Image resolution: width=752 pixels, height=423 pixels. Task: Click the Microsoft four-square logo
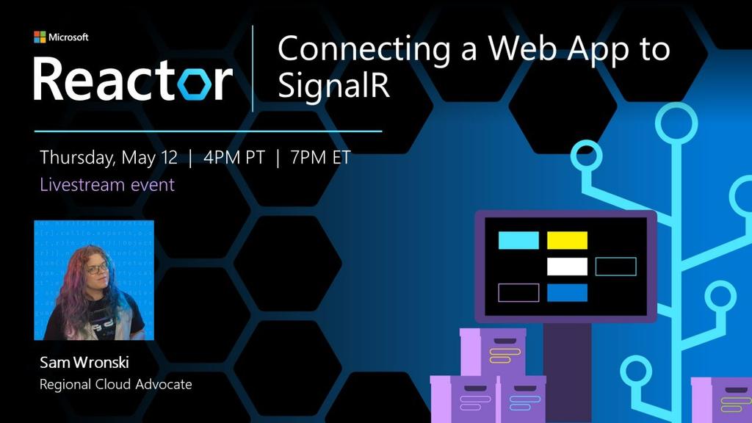(x=40, y=37)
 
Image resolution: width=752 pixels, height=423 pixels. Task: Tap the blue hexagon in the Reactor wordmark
(x=194, y=84)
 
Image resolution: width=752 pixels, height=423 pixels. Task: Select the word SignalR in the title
(x=334, y=86)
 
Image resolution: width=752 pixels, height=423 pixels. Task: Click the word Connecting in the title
(x=364, y=50)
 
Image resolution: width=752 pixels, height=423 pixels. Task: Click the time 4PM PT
(x=234, y=157)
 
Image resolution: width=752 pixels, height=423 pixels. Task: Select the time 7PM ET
(x=320, y=157)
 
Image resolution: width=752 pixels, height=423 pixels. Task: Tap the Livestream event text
(x=107, y=184)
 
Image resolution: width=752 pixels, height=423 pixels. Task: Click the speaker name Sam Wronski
(x=84, y=363)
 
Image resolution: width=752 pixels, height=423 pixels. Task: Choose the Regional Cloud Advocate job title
(x=115, y=384)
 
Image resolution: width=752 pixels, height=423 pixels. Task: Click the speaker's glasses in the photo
(x=97, y=269)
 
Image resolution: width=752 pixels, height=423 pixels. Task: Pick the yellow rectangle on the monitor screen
(x=568, y=240)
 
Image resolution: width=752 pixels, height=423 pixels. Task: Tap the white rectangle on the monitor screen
(x=568, y=267)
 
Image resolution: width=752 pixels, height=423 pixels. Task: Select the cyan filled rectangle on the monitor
(x=519, y=240)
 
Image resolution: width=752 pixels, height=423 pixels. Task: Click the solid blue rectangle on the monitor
(x=568, y=292)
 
